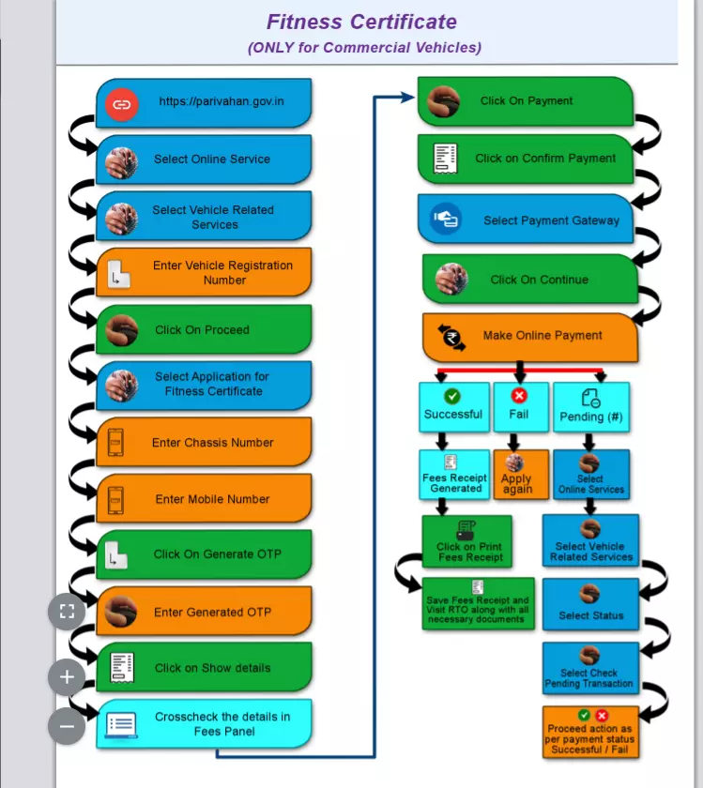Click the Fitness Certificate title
[361, 23]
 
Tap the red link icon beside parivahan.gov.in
[121, 103]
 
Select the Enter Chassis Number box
[204, 443]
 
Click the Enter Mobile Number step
[204, 499]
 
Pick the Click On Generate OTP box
[204, 554]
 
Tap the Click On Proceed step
[204, 329]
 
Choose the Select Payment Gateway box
[527, 220]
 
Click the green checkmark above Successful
[452, 397]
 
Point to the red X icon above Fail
[519, 396]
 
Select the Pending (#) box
[591, 407]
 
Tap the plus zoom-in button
[67, 676]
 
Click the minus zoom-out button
[67, 725]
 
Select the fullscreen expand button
[67, 613]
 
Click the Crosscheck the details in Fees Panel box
[204, 723]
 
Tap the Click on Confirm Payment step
[526, 159]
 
